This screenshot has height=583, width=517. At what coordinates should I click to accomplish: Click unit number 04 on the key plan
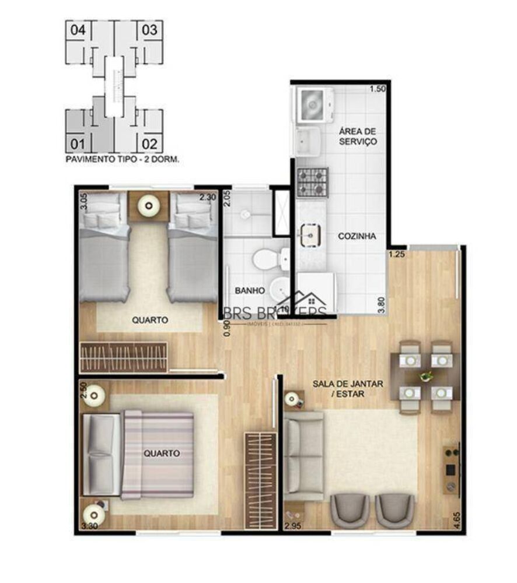[x=78, y=29]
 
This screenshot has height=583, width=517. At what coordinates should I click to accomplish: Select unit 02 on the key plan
[x=149, y=143]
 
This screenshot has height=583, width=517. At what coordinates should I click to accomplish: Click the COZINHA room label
[x=357, y=236]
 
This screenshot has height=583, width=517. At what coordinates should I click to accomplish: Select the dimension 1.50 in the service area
[x=377, y=89]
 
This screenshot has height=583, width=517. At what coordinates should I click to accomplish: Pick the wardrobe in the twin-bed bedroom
[x=124, y=357]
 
